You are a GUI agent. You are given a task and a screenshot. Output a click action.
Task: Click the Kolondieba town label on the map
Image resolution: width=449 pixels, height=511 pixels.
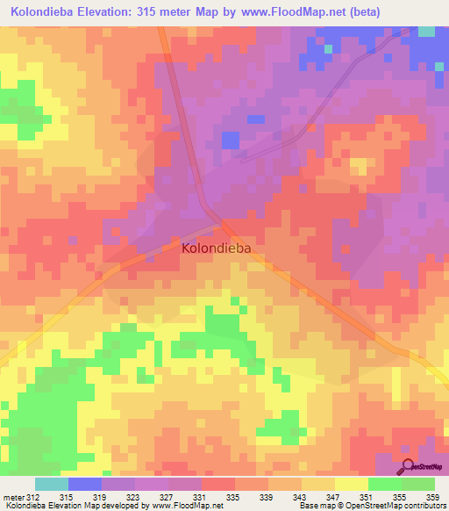[217, 248]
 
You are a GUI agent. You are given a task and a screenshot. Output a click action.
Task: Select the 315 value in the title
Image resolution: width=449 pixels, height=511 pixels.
[154, 12]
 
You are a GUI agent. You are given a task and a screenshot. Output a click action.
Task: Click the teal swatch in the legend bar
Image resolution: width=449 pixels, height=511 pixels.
[52, 485]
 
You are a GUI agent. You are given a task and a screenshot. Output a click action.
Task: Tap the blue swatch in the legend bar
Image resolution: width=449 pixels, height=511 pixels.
[85, 485]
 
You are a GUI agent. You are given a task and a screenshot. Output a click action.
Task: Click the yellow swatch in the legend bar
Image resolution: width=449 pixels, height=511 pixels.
[352, 485]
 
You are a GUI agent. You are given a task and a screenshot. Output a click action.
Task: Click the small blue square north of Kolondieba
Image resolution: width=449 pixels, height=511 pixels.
[230, 140]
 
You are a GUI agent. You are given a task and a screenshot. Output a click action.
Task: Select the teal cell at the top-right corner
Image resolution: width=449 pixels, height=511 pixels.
[426, 31]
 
